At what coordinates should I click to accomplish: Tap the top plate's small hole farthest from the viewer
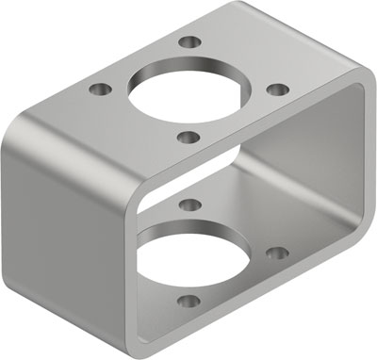192,42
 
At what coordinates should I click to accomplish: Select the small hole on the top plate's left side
99,90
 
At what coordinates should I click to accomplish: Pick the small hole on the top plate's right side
277,90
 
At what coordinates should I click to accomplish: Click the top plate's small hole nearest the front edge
188,138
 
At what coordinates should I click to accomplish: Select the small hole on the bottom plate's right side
276,253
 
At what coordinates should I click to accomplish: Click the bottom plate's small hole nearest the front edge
188,303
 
